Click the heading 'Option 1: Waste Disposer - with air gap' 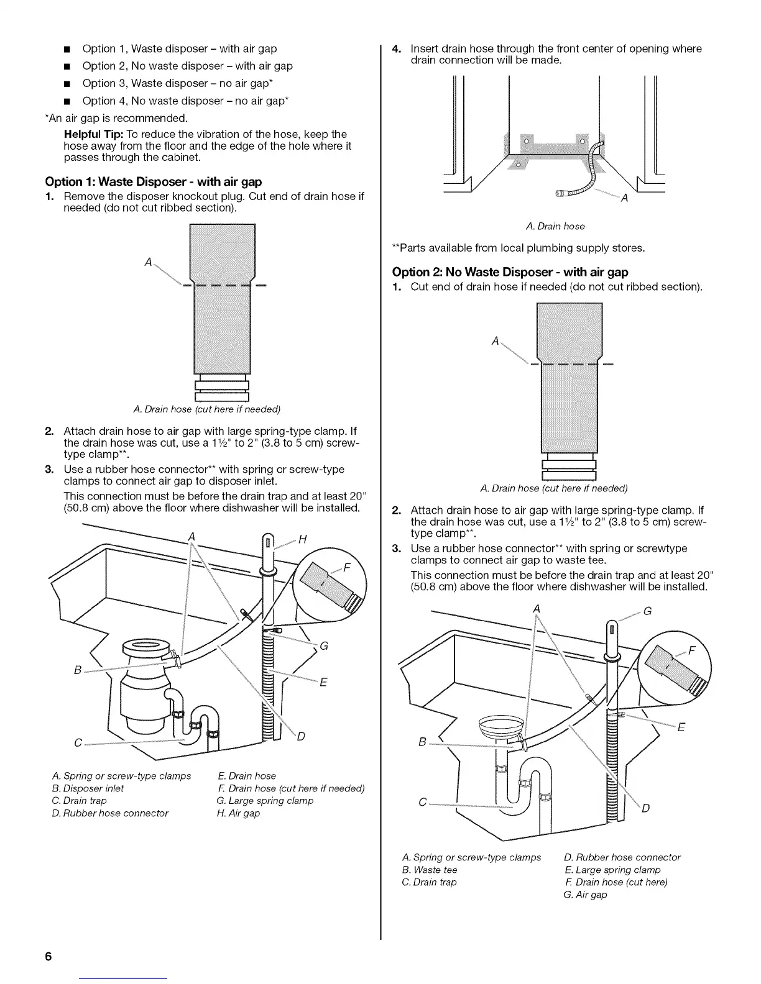153,181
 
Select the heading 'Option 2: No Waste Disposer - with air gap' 510,272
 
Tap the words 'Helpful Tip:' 94,134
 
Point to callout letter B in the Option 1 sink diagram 78,670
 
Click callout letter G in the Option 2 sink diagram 647,611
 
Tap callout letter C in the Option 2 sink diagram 423,803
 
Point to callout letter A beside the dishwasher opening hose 624,199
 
